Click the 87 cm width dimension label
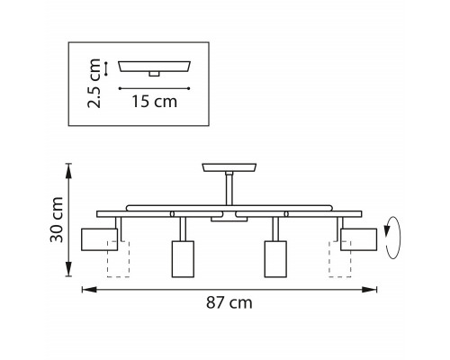click(x=229, y=302)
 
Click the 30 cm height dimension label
click(x=57, y=220)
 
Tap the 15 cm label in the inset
click(x=155, y=102)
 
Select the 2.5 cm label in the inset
click(x=94, y=83)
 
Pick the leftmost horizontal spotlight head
click(x=99, y=239)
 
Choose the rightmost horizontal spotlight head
click(x=359, y=239)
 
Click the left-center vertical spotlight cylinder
click(x=183, y=259)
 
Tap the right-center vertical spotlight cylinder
click(x=275, y=259)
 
